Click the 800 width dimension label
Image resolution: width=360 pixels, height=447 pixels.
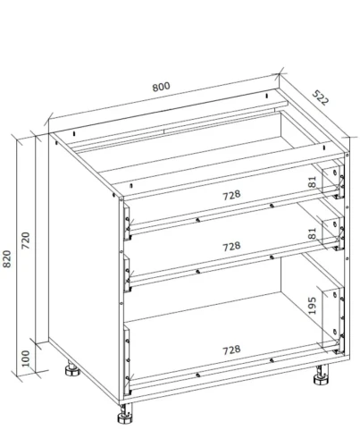[162, 87]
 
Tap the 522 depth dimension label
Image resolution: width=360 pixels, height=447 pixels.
[321, 97]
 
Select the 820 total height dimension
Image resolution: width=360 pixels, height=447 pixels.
[6, 258]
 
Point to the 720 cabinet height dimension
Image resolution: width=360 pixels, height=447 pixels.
[26, 240]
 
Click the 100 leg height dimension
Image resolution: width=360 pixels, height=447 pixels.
[26, 358]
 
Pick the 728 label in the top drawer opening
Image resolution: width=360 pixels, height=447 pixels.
[231, 195]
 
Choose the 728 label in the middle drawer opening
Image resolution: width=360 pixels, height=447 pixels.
[231, 247]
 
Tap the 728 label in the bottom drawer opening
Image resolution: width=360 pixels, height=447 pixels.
[231, 350]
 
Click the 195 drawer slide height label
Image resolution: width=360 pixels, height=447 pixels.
[312, 306]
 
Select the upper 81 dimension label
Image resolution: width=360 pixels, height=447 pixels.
[312, 181]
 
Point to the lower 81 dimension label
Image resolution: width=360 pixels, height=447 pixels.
[312, 233]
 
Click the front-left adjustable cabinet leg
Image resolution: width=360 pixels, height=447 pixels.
[125, 414]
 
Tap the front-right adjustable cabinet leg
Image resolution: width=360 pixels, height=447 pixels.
[322, 375]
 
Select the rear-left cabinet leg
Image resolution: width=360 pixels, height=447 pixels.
[72, 369]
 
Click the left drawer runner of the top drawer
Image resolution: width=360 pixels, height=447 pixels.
[127, 222]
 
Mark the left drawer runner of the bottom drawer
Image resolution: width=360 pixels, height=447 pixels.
[127, 360]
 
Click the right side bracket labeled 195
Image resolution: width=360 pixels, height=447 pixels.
[333, 320]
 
